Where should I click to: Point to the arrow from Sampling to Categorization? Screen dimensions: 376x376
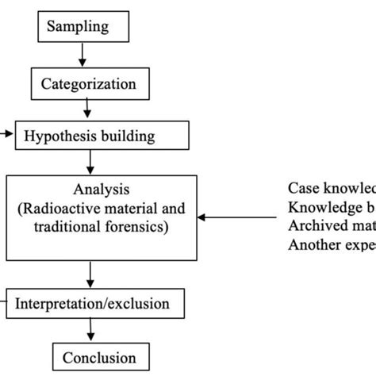(x=82, y=55)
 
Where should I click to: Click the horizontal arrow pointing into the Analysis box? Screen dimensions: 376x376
(x=238, y=216)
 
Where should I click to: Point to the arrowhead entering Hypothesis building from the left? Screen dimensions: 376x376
(x=7, y=135)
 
